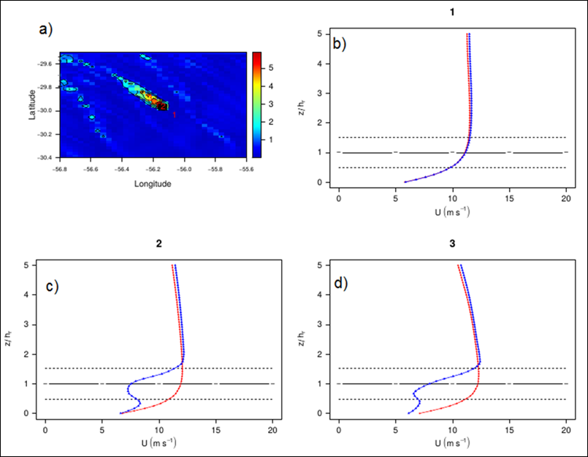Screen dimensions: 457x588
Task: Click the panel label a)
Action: pos(46,30)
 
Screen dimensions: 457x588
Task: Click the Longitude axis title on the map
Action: pos(153,184)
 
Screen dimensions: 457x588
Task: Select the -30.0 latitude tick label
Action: pos(47,111)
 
